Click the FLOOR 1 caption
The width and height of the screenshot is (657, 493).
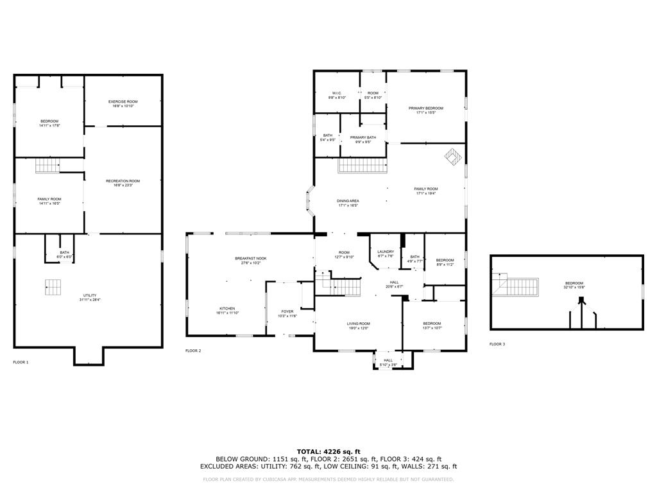[x=21, y=363]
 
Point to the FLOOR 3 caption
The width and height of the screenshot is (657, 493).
[x=497, y=345]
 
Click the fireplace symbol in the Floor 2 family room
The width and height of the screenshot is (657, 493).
[x=454, y=156]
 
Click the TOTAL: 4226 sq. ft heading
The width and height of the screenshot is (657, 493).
[x=328, y=451]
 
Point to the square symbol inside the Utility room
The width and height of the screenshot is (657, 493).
[x=55, y=288]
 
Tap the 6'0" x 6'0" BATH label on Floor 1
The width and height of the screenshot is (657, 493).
[x=64, y=254]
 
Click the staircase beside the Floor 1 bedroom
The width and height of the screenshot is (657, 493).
[x=47, y=165]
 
